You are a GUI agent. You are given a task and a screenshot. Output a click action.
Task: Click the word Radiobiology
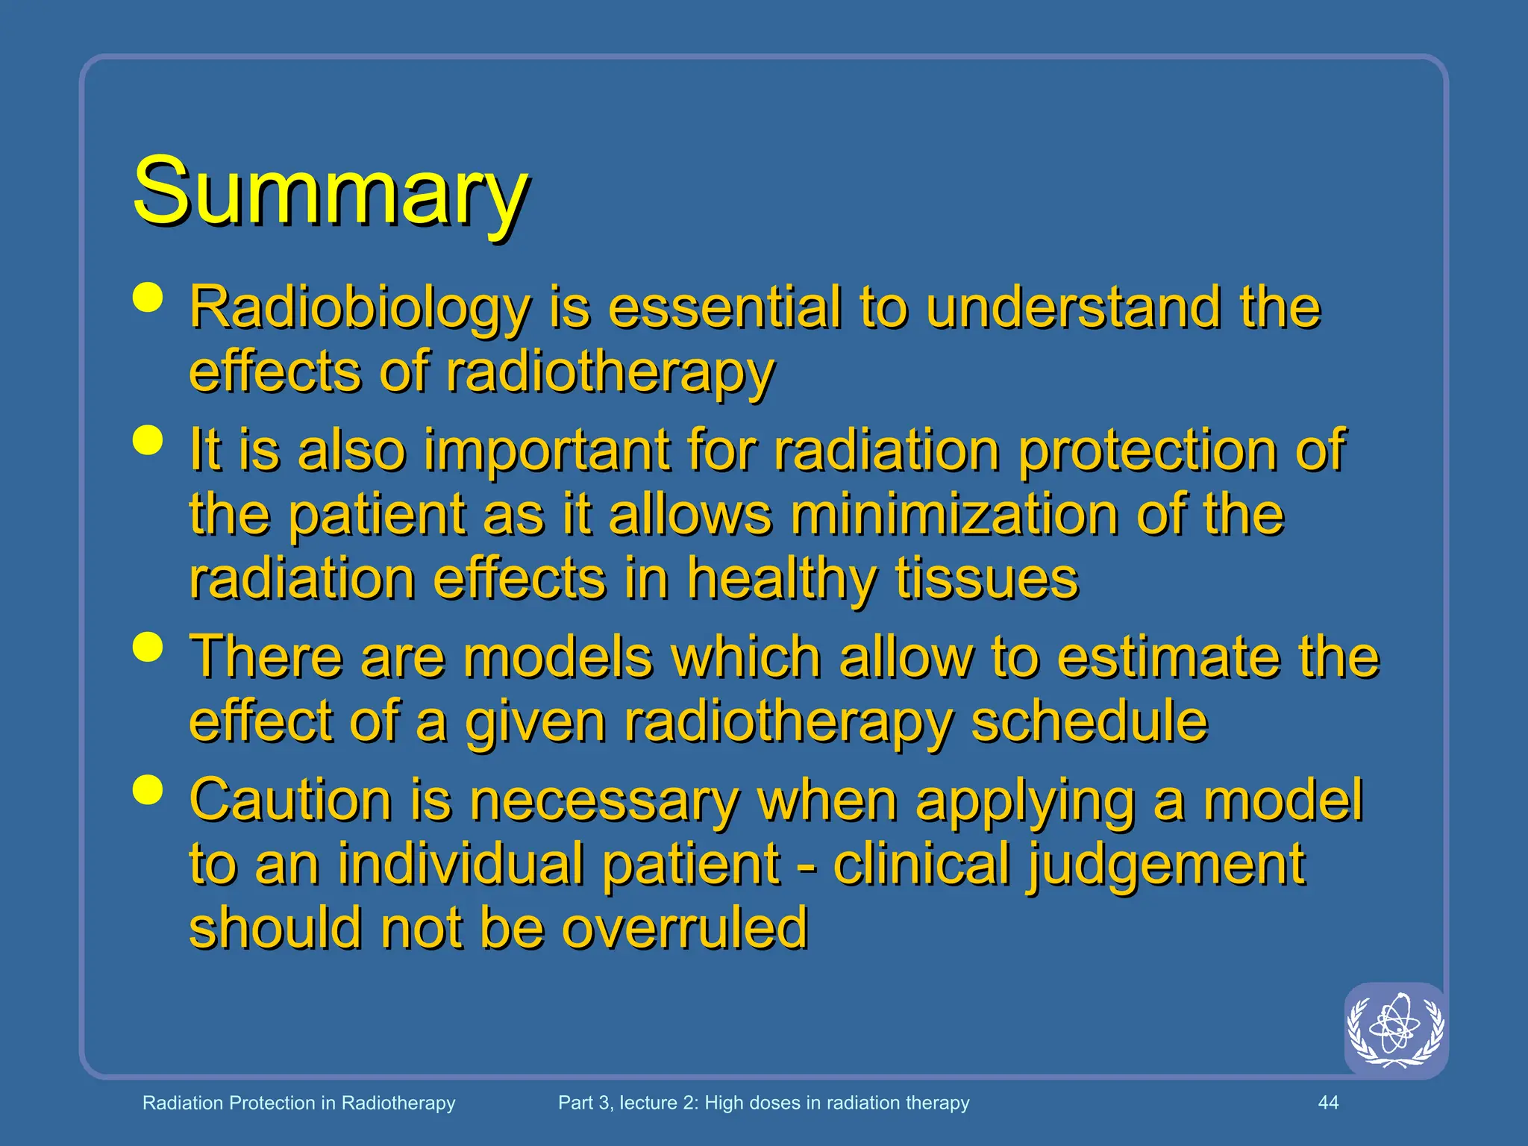click(360, 308)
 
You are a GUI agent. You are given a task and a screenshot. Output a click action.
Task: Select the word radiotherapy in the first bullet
click(610, 372)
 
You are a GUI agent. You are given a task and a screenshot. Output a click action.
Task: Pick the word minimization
click(953, 515)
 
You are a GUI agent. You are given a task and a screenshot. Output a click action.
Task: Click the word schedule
click(1089, 721)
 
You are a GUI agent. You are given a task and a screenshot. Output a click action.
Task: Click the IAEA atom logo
click(1395, 1030)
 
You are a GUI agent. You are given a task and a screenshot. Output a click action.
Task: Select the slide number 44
click(1328, 1103)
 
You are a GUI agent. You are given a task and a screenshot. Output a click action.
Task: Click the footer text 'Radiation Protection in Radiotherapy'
click(298, 1103)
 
